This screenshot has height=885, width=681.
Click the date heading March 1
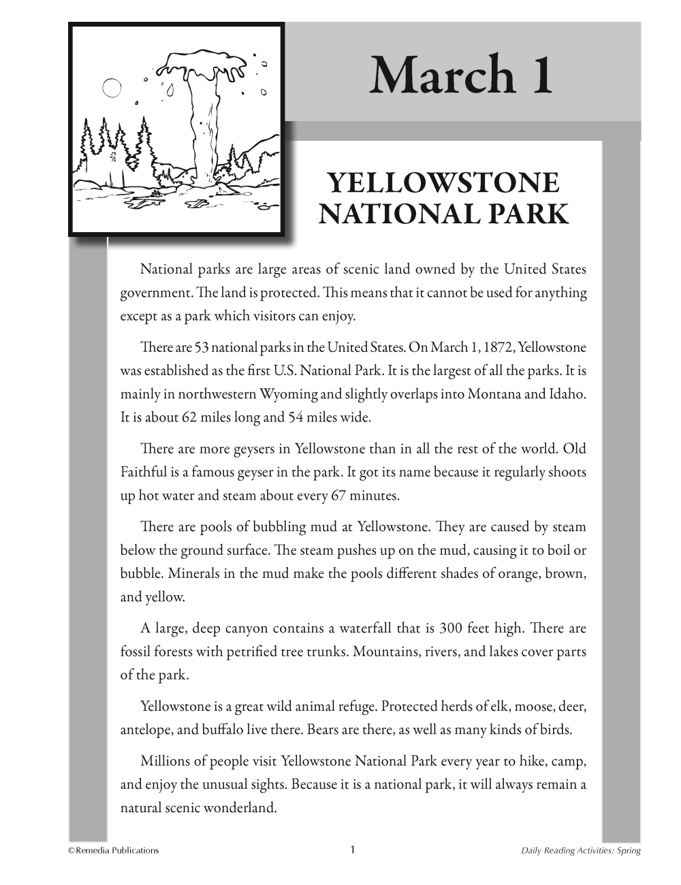(x=461, y=75)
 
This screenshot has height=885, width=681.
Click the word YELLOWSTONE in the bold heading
(x=443, y=184)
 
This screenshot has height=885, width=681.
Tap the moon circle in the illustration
(x=111, y=88)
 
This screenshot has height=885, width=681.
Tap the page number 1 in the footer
(x=352, y=850)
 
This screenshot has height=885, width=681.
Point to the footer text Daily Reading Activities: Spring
(x=580, y=851)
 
